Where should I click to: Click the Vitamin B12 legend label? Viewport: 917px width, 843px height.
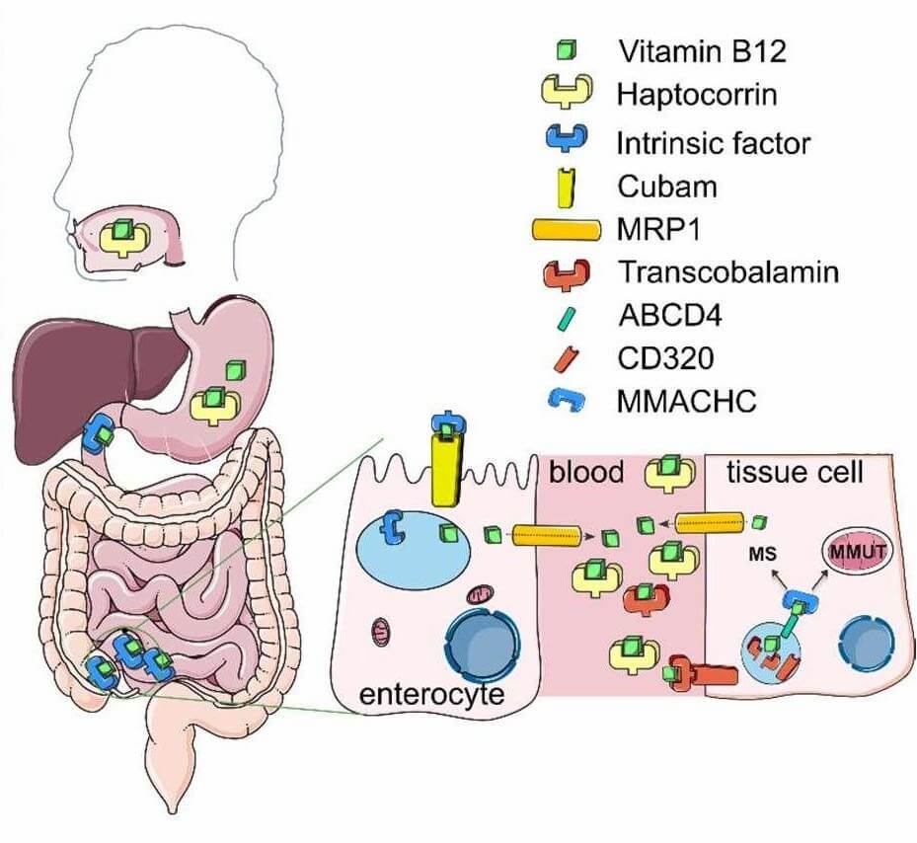(x=701, y=50)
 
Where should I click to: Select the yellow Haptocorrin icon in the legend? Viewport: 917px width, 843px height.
(x=566, y=94)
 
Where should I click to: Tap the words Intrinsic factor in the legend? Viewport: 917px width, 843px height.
(x=713, y=142)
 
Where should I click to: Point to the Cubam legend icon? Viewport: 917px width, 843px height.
(x=568, y=186)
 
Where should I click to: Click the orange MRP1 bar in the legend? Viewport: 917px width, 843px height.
(x=566, y=229)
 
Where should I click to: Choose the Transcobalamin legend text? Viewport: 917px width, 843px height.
(x=727, y=270)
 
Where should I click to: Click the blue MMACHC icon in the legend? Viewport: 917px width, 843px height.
(x=567, y=400)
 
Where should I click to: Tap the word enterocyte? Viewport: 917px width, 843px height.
(x=431, y=692)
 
